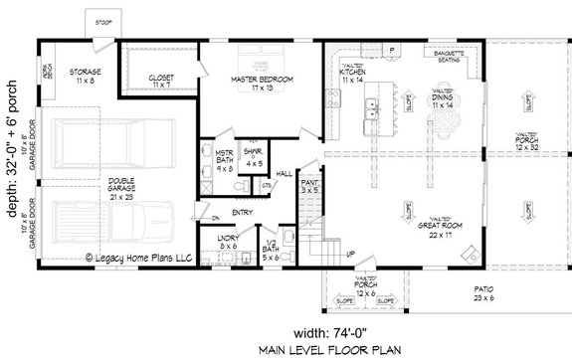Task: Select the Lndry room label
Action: point(229,241)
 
